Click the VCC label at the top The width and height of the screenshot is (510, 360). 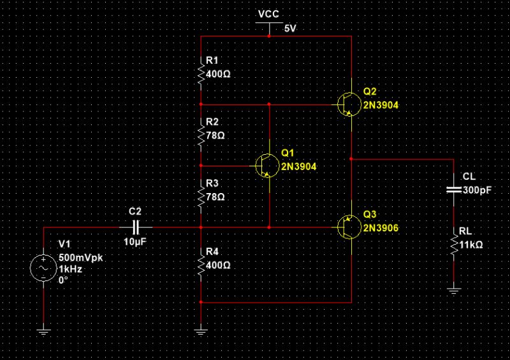coord(269,14)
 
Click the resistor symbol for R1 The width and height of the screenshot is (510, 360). coord(201,74)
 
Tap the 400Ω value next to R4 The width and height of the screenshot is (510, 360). coord(219,264)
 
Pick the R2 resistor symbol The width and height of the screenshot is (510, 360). coord(201,135)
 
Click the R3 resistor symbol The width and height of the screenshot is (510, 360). coord(201,196)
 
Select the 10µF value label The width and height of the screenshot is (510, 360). coord(136,242)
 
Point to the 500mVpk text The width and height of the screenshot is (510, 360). coord(82,258)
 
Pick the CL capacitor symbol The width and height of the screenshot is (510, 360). coord(453,189)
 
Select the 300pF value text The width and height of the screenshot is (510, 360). coord(477,190)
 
